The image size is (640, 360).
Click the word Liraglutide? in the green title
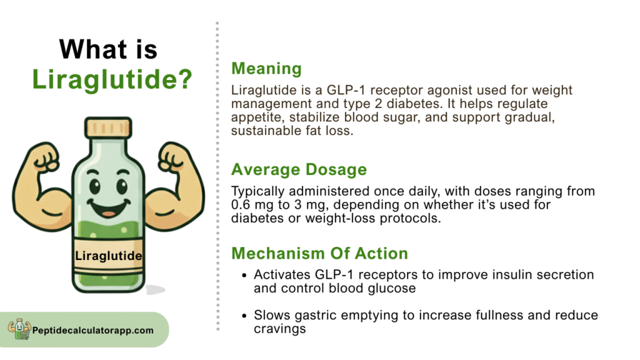pyautogui.click(x=112, y=79)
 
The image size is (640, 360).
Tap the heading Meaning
pyautogui.click(x=266, y=69)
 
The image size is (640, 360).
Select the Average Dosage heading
pyautogui.click(x=299, y=169)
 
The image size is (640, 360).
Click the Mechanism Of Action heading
pyautogui.click(x=319, y=254)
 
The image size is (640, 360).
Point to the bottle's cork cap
pyautogui.click(x=108, y=127)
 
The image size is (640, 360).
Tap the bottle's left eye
pyautogui.click(x=95, y=186)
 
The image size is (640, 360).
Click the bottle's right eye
pyautogui.click(x=122, y=186)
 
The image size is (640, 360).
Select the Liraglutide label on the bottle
pyautogui.click(x=109, y=256)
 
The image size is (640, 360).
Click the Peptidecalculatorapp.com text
pyautogui.click(x=93, y=331)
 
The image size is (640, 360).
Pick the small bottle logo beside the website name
pyautogui.click(x=19, y=329)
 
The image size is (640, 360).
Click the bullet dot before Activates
pyautogui.click(x=244, y=276)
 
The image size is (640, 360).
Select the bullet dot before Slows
pyautogui.click(x=244, y=316)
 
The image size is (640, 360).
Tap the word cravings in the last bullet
pyautogui.click(x=279, y=329)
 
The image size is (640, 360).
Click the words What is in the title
pyautogui.click(x=108, y=49)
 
